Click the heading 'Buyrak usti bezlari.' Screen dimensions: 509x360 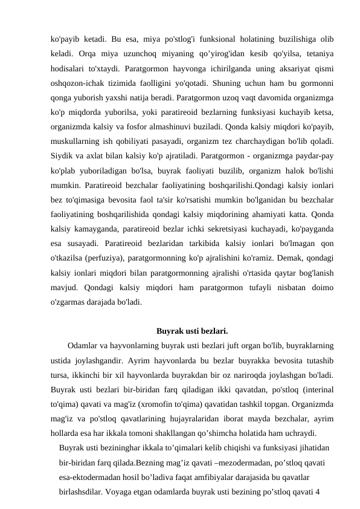point(191,331)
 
